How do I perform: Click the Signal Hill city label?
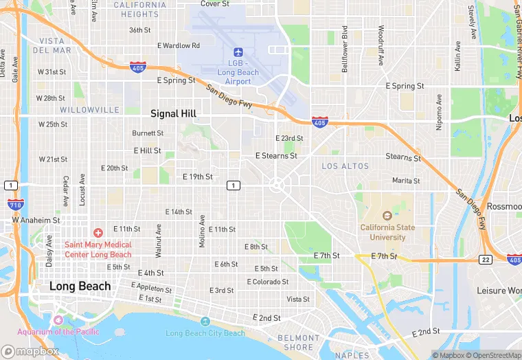(174, 113)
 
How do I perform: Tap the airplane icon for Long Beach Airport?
(238, 52)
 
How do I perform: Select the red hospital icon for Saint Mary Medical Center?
(98, 234)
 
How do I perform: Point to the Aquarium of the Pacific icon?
(58, 321)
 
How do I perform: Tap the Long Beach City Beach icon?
(205, 322)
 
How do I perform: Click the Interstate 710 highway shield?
(15, 204)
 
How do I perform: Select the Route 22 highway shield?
(486, 259)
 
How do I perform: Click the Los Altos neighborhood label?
(345, 166)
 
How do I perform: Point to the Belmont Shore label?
(299, 342)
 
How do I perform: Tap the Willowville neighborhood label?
(89, 110)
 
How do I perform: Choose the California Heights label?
(136, 9)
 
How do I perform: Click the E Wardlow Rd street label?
(178, 45)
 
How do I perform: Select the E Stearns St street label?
(276, 156)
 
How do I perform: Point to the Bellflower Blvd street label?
(345, 49)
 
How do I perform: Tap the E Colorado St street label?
(268, 282)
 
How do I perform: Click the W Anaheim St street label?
(36, 221)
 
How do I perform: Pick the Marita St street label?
(405, 181)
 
